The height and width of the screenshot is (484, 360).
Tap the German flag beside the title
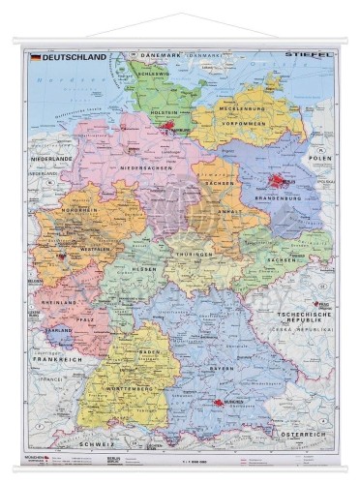pyautogui.click(x=36, y=57)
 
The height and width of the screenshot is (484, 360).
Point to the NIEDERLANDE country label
pyautogui.click(x=52, y=158)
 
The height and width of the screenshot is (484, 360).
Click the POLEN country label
pyautogui.click(x=319, y=156)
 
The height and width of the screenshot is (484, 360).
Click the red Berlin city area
pyautogui.click(x=281, y=180)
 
